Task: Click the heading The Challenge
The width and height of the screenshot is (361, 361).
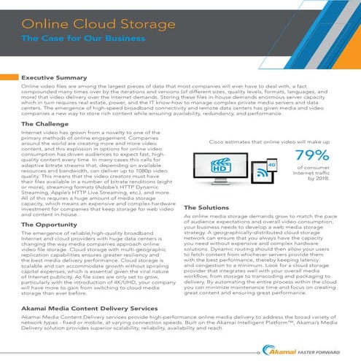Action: click(x=46, y=125)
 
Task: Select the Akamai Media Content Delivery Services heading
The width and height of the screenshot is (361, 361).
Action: click(x=94, y=309)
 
